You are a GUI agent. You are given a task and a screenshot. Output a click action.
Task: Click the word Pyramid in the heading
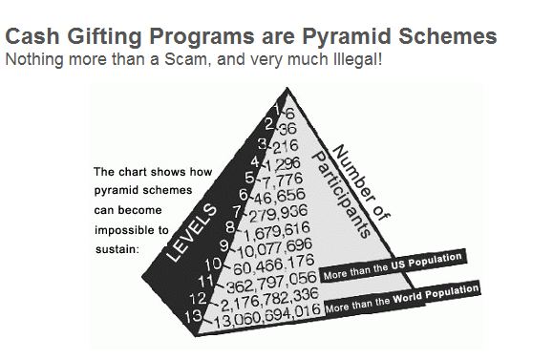point(347,37)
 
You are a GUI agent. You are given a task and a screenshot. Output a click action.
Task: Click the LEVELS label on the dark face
point(192,233)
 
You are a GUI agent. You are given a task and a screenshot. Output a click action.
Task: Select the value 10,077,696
point(275,248)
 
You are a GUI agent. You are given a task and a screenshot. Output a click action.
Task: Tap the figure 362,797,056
point(271,282)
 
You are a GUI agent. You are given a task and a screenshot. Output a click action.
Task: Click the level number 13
point(194,316)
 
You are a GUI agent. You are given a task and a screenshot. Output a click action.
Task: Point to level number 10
point(213,264)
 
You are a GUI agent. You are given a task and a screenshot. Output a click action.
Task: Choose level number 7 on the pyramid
point(238,212)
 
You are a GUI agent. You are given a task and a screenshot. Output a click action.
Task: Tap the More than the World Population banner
point(402,298)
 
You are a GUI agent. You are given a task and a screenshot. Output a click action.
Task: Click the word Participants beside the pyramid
point(342,195)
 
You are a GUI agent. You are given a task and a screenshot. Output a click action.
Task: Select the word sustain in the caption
point(116,249)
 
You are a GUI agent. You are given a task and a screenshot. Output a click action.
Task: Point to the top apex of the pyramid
point(287,88)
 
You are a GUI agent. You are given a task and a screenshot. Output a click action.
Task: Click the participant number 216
point(286,146)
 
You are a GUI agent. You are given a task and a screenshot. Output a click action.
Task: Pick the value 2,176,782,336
point(269,299)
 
